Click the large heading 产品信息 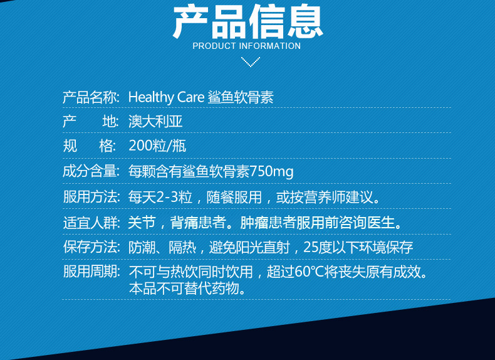pos(248,21)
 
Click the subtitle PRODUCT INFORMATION pos(246,46)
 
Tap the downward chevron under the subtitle pos(251,61)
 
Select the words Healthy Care pos(167,97)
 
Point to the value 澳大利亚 pos(155,122)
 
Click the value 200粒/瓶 pos(157,146)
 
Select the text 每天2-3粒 pos(160,197)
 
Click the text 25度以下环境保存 pos(358,247)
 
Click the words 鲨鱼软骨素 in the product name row pos(241,97)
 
